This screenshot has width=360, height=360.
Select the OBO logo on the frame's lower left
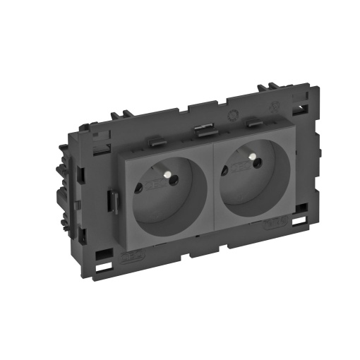pyautogui.click(x=131, y=258)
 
